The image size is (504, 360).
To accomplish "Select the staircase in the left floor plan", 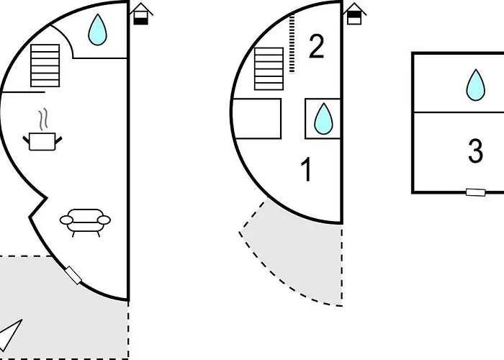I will [x=45, y=66].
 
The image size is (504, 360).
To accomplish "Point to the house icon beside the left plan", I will [x=141, y=14].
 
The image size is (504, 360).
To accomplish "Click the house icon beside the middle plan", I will [x=354, y=14].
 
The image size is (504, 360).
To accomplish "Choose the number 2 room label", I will [x=316, y=48].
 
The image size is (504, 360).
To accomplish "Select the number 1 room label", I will [x=307, y=171].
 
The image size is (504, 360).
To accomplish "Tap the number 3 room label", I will [x=475, y=152].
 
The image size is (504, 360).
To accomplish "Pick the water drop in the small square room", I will [x=323, y=118].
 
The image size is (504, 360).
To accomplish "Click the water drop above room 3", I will [x=474, y=84].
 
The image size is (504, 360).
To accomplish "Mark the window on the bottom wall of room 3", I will [x=475, y=192].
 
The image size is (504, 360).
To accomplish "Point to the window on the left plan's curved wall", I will [x=72, y=275].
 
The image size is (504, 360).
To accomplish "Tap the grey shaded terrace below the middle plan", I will [x=302, y=259].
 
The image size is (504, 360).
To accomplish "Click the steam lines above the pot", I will [x=44, y=117].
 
